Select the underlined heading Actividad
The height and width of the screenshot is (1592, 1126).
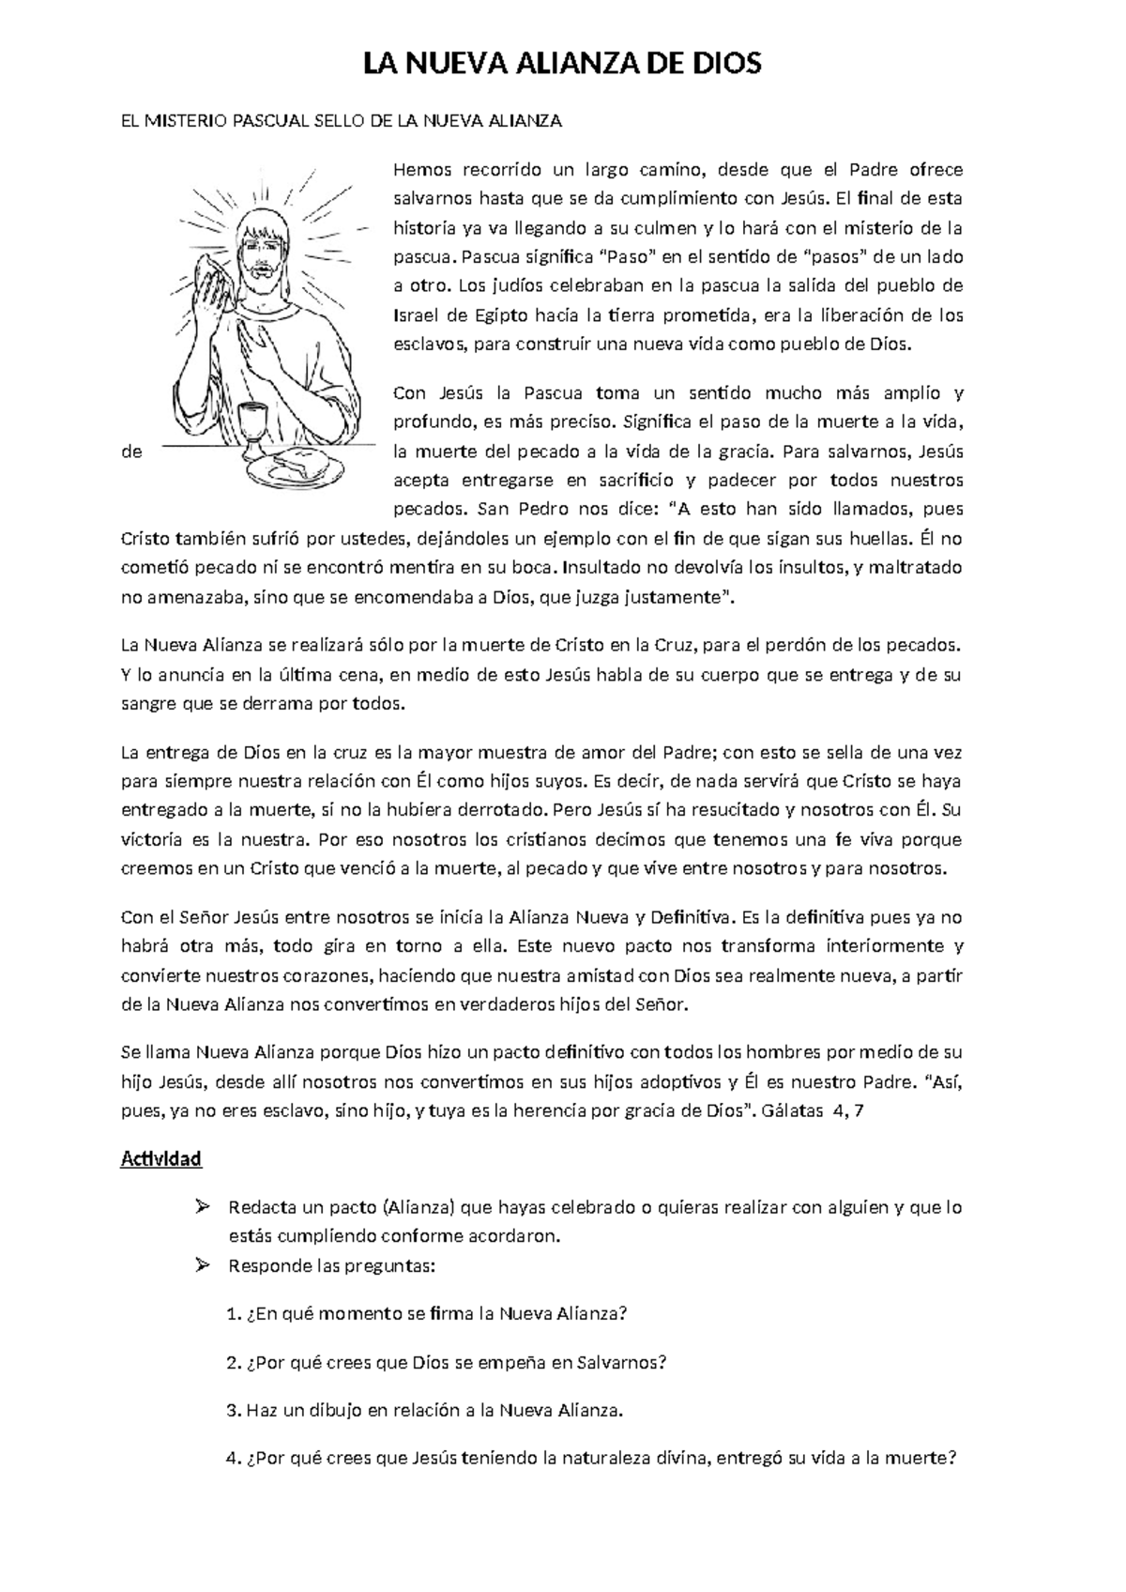(x=161, y=1158)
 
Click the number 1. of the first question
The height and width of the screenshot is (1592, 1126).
(x=234, y=1314)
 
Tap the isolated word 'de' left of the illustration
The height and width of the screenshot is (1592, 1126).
(x=132, y=452)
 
